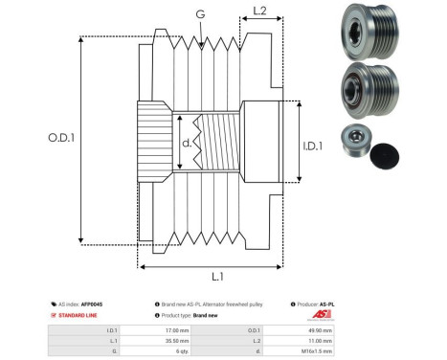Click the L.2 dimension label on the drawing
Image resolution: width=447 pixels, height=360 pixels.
(x=259, y=13)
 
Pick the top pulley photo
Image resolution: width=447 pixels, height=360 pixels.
(x=365, y=30)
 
